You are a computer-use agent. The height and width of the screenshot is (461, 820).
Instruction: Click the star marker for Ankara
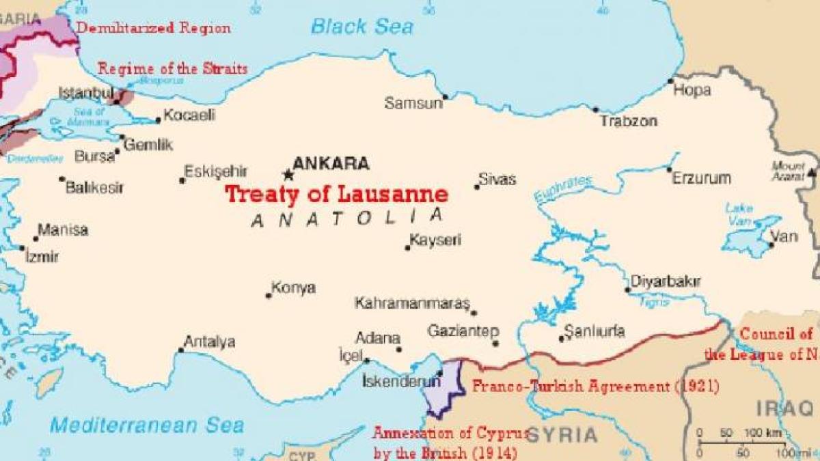point(288,176)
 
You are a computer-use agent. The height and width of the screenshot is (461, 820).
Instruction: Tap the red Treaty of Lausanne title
point(337,195)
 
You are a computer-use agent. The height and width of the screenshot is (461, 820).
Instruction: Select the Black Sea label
point(362,27)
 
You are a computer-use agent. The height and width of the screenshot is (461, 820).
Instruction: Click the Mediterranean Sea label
point(146,425)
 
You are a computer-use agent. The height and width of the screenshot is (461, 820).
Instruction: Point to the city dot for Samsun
point(446,97)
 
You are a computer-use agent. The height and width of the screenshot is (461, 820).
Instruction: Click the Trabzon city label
point(629,122)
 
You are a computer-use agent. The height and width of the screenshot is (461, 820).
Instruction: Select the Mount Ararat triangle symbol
point(811,172)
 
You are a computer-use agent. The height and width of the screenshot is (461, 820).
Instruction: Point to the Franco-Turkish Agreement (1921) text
point(595,387)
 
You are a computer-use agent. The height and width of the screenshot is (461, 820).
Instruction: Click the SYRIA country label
point(562,434)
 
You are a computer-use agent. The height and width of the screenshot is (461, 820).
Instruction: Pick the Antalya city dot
point(181,350)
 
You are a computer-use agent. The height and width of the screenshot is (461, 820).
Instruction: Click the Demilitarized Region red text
point(153,28)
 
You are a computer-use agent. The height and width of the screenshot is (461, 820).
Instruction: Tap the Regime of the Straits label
point(172,68)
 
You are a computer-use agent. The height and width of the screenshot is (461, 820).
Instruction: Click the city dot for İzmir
point(22,249)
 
